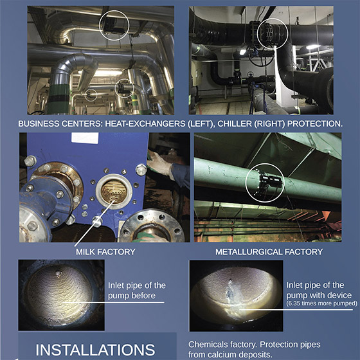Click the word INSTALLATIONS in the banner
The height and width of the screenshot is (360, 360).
coord(95,350)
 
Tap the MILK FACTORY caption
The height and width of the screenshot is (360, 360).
coord(105,252)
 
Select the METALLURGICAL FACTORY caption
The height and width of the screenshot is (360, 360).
coord(269,252)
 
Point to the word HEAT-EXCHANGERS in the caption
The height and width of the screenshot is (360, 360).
coord(145,123)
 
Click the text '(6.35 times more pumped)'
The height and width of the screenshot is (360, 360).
coord(322,303)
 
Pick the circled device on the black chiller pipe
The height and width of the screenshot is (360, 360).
coord(271,33)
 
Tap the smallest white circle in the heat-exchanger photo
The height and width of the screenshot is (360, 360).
coord(91,95)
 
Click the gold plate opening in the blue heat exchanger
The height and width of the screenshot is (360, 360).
coord(114,192)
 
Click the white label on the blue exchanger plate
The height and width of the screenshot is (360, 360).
coord(85,138)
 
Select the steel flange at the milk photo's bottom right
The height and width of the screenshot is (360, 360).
coord(152,226)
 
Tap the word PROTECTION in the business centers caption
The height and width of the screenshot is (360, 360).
coord(315,123)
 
